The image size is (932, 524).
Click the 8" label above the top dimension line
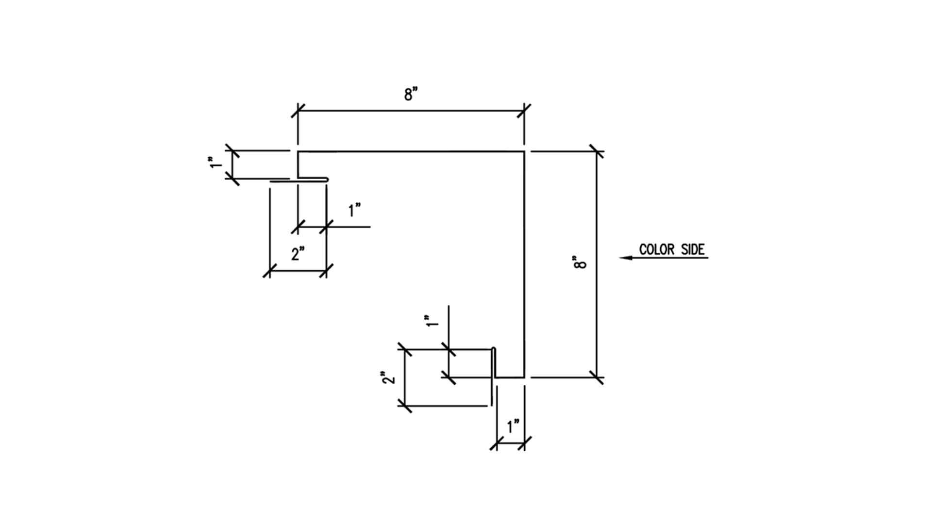point(411,94)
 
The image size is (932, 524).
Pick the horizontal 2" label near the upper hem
point(298,253)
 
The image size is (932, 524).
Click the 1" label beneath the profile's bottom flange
point(513,427)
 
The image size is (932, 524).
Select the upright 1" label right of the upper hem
point(355,211)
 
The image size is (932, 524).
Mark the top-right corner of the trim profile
point(524,152)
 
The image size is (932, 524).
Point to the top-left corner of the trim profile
point(298,152)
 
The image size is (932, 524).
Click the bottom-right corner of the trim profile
point(524,377)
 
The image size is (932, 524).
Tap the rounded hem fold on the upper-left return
point(327,180)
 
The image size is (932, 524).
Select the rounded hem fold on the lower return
point(494,349)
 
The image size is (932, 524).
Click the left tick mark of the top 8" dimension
point(298,111)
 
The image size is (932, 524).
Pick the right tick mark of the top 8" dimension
point(524,111)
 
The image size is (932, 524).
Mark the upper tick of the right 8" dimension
point(597,151)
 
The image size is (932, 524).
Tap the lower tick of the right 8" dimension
point(597,377)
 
